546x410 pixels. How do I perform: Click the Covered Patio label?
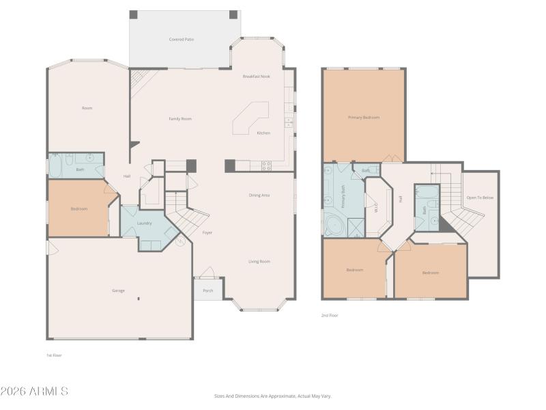[x=181, y=40]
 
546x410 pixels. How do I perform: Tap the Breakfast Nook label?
[x=256, y=77]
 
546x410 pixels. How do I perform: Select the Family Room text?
[x=180, y=119]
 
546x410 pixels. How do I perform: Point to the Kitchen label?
[x=263, y=133]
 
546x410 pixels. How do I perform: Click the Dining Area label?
[x=259, y=195]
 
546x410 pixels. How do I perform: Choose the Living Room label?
[x=259, y=261]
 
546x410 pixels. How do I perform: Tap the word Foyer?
[x=207, y=233]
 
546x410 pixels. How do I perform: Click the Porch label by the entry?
[x=208, y=290]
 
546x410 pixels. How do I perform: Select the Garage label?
[x=118, y=290]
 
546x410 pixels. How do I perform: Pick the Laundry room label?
[x=144, y=223]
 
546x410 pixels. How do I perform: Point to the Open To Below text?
[x=480, y=197]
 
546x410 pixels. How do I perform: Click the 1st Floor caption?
[x=54, y=355]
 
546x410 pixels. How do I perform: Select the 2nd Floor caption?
[x=330, y=315]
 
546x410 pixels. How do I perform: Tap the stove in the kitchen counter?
[x=266, y=165]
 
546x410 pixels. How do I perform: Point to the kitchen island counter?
[x=250, y=118]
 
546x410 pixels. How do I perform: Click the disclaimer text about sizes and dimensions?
[x=273, y=396]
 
